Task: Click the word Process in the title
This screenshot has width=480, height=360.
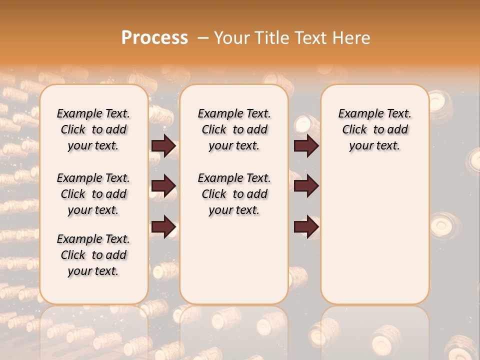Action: click(x=154, y=37)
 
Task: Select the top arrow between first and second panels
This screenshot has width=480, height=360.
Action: click(x=163, y=145)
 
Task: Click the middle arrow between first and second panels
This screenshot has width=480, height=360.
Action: click(x=163, y=186)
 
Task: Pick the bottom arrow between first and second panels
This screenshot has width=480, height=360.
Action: click(x=163, y=227)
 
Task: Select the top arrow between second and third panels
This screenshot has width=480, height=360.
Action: click(x=306, y=145)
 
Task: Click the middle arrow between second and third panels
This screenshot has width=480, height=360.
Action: click(x=306, y=186)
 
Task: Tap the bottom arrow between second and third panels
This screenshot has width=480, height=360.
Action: click(x=306, y=227)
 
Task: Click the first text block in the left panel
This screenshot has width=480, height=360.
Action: click(x=93, y=129)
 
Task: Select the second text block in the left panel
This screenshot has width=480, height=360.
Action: click(x=93, y=194)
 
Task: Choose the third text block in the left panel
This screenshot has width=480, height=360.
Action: click(x=93, y=255)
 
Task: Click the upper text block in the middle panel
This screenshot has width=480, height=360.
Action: click(x=234, y=129)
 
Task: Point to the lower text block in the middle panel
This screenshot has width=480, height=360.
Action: click(x=234, y=194)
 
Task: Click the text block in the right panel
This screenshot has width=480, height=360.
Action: click(x=374, y=129)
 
